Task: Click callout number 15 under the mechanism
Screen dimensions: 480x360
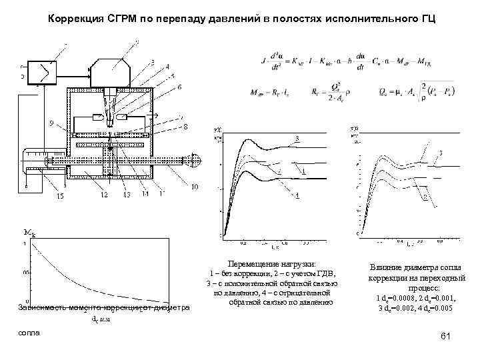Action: click(x=60, y=195)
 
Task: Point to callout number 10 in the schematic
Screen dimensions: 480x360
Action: click(x=194, y=187)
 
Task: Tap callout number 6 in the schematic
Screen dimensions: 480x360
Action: click(x=179, y=87)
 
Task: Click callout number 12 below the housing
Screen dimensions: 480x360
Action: click(x=104, y=195)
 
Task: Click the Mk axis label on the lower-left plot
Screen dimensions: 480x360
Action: click(x=29, y=233)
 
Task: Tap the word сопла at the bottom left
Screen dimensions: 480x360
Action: click(x=29, y=331)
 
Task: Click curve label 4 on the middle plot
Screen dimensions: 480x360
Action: click(x=297, y=195)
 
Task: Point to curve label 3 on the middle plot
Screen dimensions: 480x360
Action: click(x=296, y=138)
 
